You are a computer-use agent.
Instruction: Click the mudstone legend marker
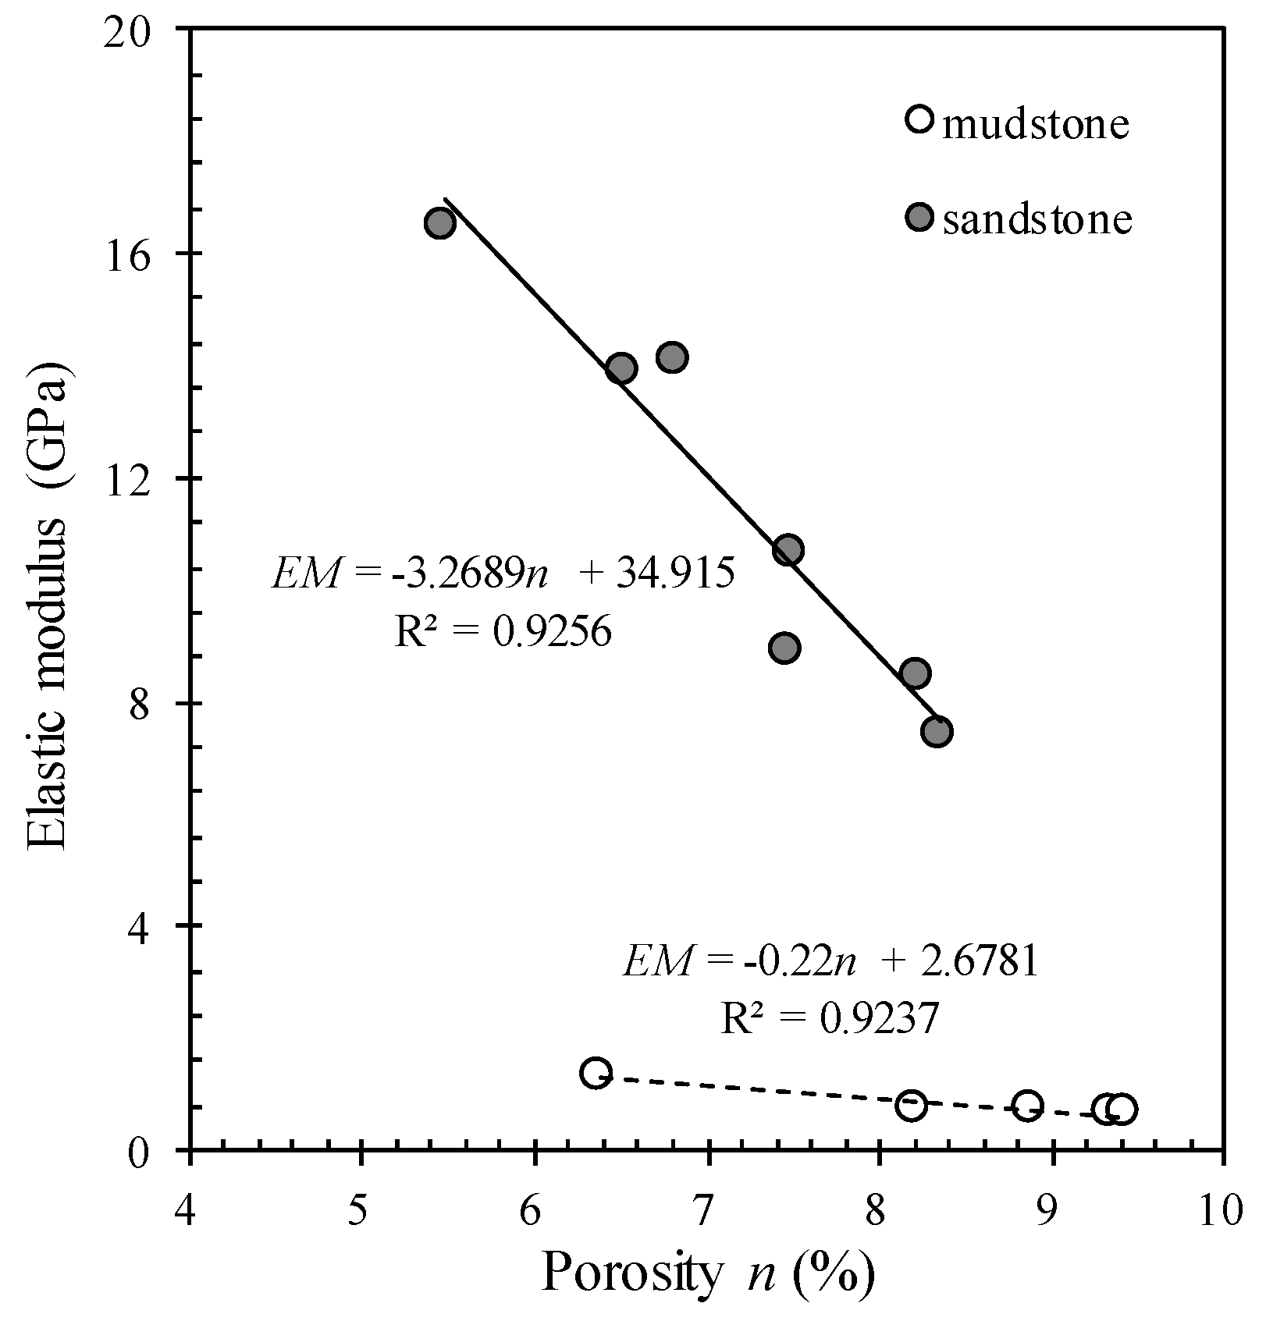920,119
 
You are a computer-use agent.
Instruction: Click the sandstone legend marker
920,217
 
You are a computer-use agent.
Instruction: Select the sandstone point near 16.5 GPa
440,224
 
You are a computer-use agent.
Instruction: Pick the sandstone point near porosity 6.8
672,357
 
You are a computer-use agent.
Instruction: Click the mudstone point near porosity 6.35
596,1073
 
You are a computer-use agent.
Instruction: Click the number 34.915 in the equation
675,574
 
